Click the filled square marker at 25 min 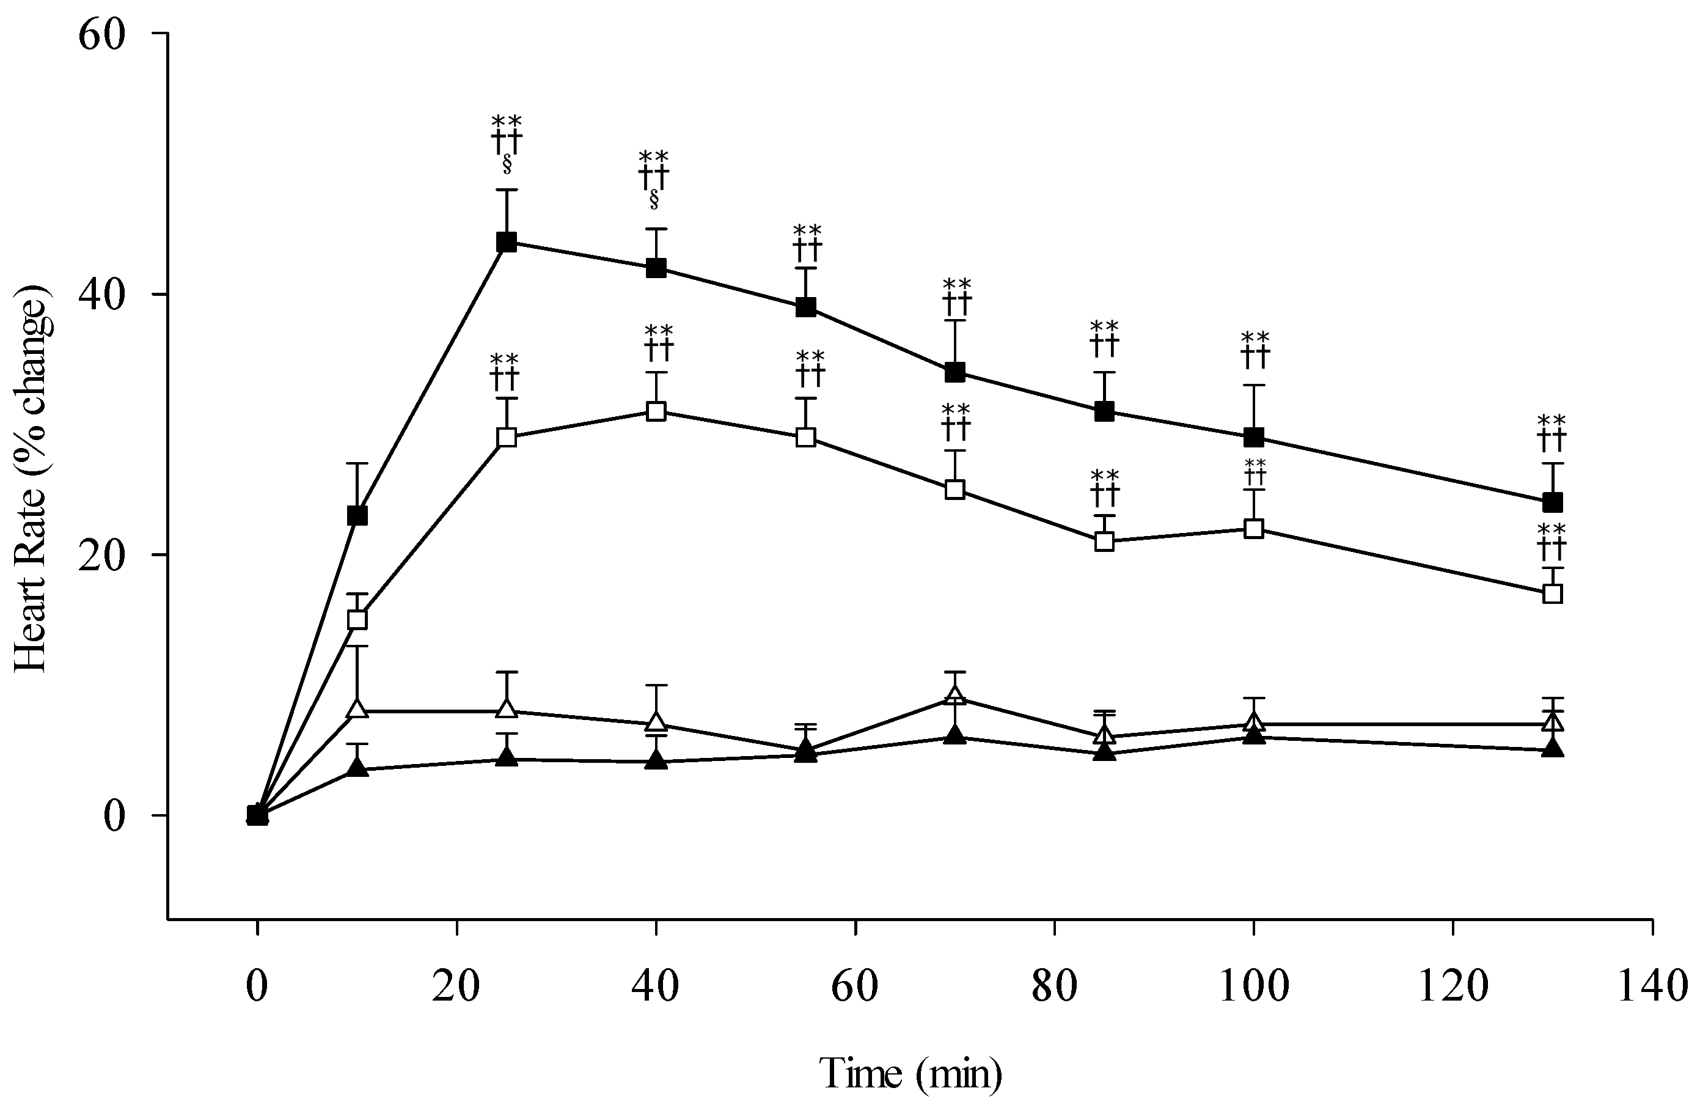click(507, 242)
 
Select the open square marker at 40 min click(656, 411)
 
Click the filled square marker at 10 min click(357, 515)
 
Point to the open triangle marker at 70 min click(955, 696)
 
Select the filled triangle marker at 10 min click(357, 768)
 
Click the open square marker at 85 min click(1104, 542)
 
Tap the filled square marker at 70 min click(955, 372)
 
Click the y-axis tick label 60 click(101, 34)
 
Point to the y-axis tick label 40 click(101, 294)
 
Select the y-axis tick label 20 click(101, 555)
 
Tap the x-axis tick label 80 click(1054, 987)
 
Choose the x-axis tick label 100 click(1253, 987)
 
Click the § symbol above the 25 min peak click(507, 164)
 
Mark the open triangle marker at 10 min click(357, 709)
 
